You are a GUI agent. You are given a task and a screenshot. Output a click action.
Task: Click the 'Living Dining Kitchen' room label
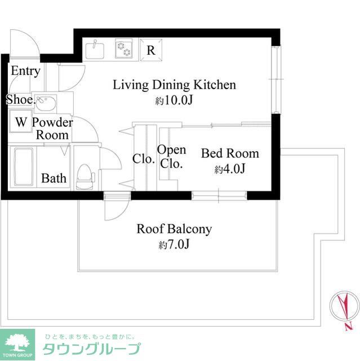[174, 85]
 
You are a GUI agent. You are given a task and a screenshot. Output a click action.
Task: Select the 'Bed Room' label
[230, 153]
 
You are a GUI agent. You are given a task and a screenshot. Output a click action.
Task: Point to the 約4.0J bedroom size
[229, 169]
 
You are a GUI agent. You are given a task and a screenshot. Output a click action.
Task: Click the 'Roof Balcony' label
[174, 229]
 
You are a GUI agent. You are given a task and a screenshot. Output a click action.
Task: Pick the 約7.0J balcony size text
[174, 245]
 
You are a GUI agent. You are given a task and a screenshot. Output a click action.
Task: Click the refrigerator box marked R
[151, 50]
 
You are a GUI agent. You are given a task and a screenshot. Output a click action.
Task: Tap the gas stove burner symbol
[124, 50]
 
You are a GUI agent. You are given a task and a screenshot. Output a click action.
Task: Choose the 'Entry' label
[25, 71]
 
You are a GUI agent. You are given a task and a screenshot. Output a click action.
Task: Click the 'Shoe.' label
[20, 100]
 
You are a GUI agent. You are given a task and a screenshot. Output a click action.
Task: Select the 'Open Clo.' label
[171, 157]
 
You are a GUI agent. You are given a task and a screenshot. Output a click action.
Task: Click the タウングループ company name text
[91, 348]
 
